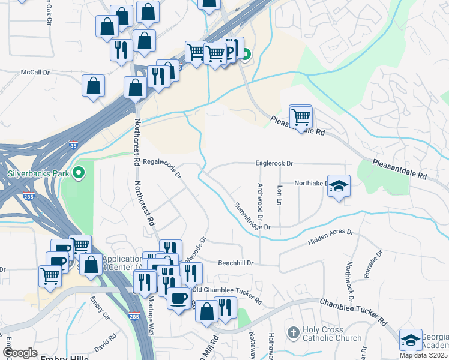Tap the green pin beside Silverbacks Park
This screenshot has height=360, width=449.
[79, 174]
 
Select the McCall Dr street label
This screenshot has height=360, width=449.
[35, 72]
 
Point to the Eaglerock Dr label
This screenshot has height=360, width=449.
[274, 163]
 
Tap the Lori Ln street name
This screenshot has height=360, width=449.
[280, 196]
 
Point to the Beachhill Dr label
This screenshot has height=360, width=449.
[237, 263]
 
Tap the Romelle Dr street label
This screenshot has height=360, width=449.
[368, 264]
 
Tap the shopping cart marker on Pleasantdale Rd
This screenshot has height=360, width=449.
[301, 115]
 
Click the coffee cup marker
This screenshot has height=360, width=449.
[178, 298]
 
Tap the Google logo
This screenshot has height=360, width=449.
[20, 353]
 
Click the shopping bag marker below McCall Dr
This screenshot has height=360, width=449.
[94, 85]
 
